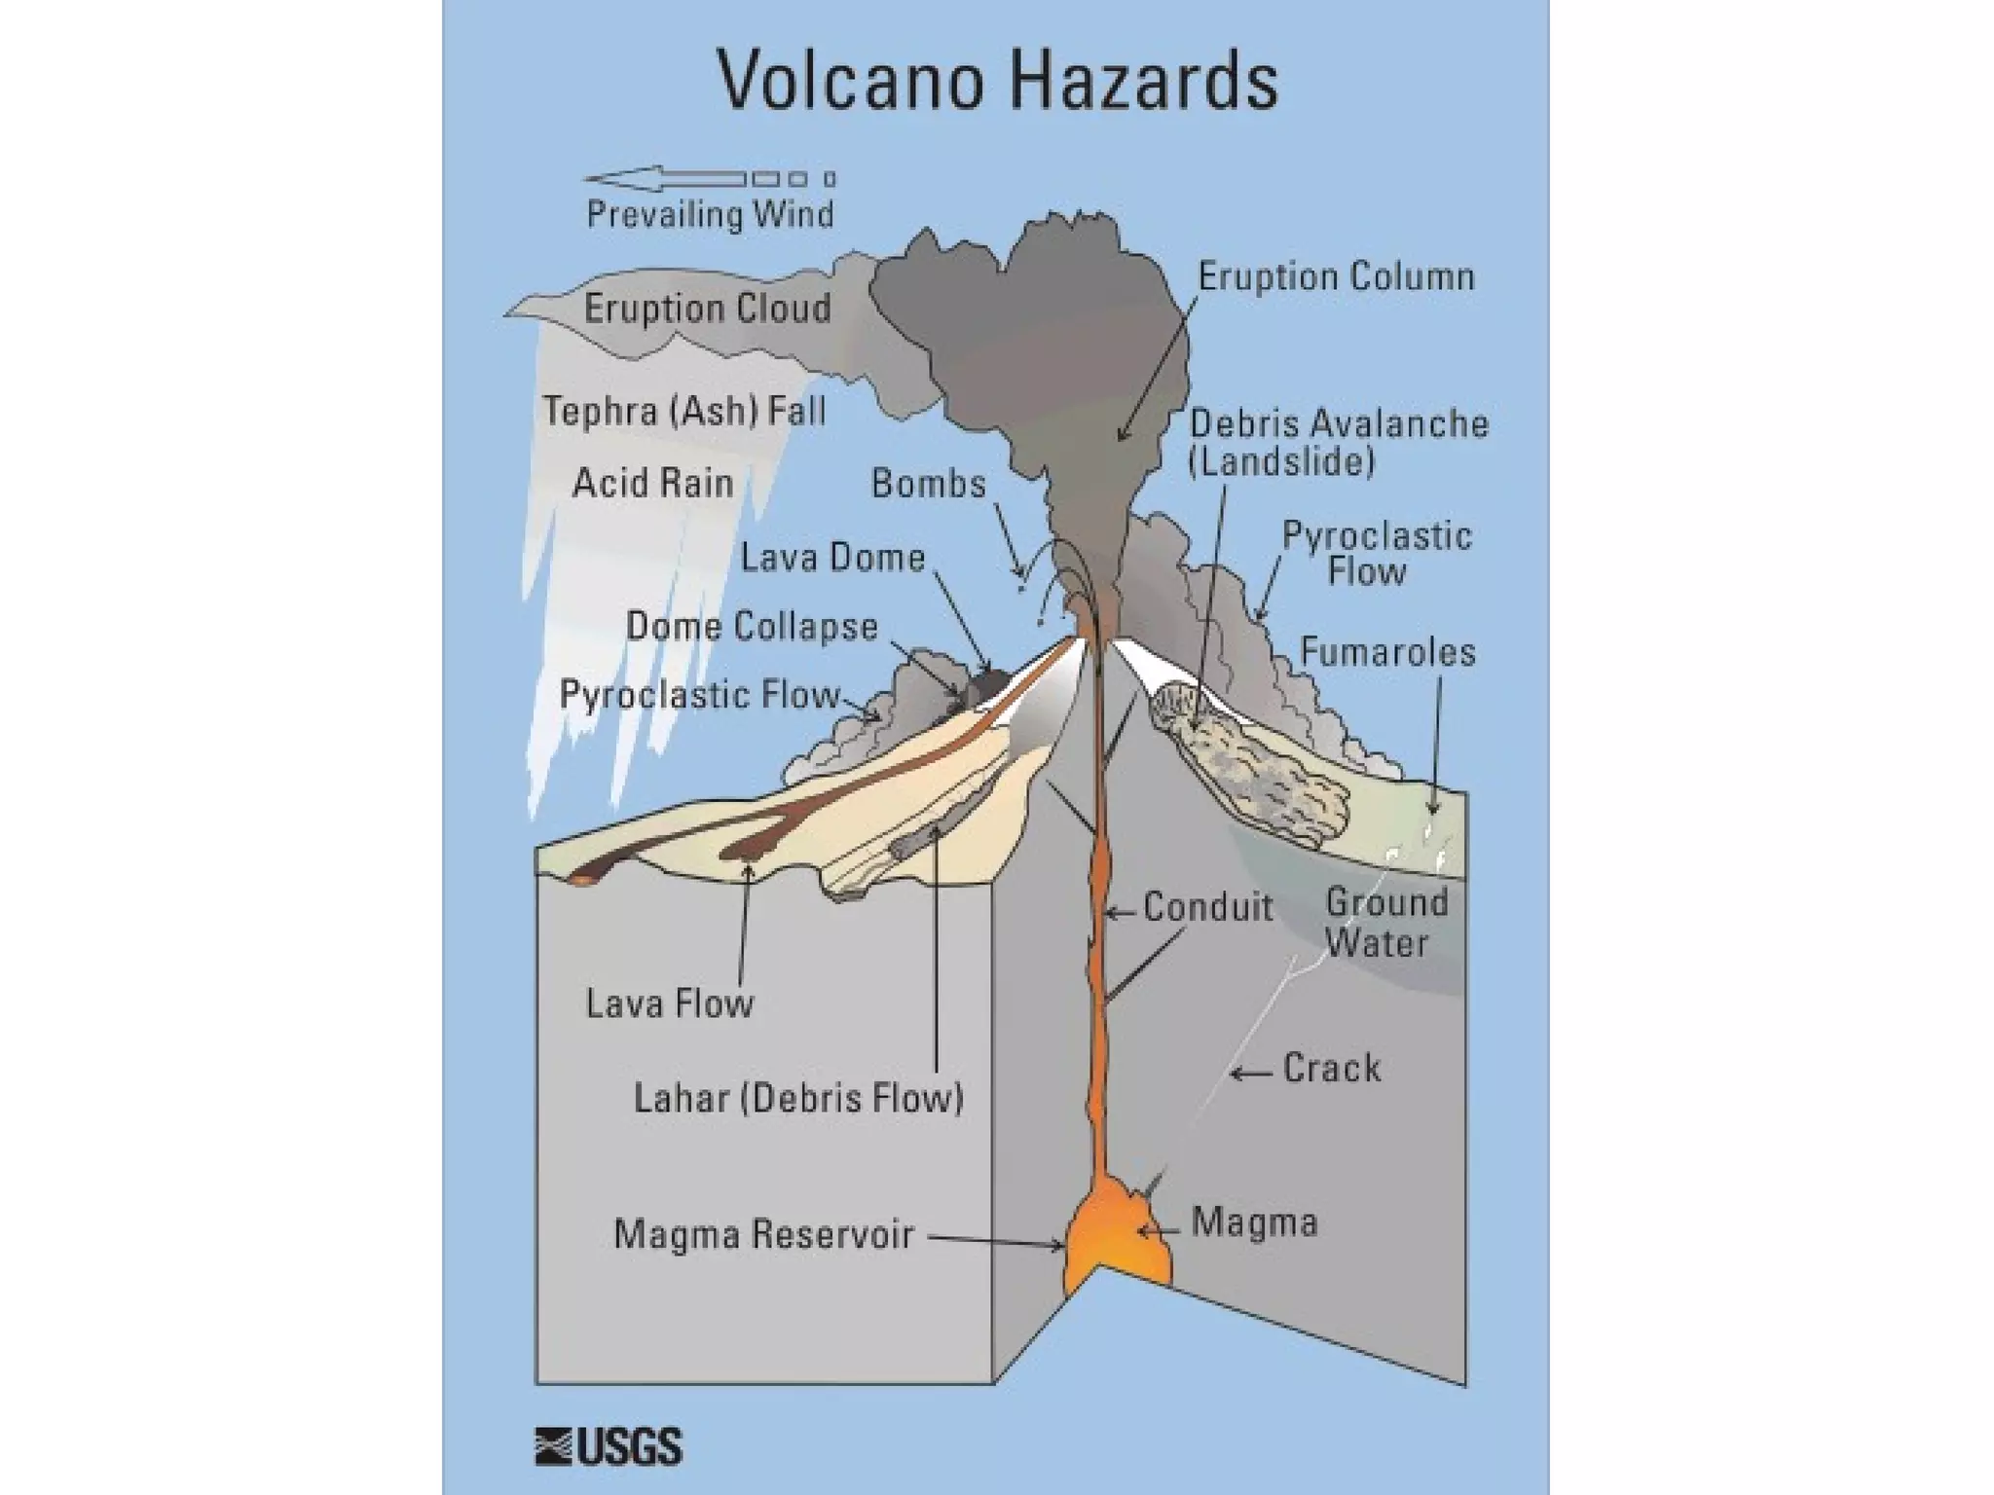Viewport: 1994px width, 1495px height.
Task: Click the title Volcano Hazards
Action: click(997, 80)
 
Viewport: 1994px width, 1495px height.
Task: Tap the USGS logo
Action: click(609, 1447)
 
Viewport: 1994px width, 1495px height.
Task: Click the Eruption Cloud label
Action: click(708, 309)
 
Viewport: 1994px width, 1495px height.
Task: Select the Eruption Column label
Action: click(1336, 277)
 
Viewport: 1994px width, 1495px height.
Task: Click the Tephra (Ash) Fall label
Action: click(684, 411)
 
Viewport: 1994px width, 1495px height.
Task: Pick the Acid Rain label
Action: click(652, 483)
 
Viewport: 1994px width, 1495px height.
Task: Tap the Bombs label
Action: click(928, 484)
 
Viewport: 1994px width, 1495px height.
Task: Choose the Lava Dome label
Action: click(832, 558)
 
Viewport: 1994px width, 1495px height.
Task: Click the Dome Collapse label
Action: click(752, 627)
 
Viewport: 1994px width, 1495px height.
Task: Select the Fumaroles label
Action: click(1387, 652)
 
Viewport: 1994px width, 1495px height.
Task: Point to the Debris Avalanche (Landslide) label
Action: click(1339, 442)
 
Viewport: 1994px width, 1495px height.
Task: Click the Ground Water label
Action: click(1385, 923)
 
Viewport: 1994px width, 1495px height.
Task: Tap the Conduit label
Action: click(1207, 907)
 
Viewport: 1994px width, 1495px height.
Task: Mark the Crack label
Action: click(1331, 1069)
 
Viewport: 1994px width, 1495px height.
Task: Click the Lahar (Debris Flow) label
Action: click(798, 1098)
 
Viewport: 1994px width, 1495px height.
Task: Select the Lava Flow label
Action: click(670, 1003)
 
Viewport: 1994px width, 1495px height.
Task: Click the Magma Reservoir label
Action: click(763, 1234)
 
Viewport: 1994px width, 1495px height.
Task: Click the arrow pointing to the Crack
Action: click(1251, 1074)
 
